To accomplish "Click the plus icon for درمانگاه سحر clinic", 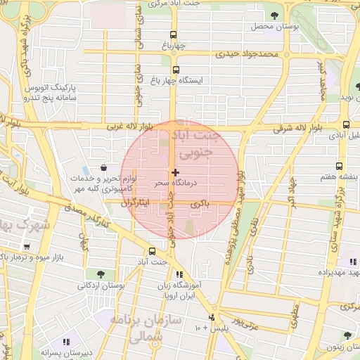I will [175, 172].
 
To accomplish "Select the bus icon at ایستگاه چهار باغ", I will [175, 70].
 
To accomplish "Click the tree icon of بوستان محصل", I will [273, 15].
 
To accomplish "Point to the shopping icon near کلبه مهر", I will [104, 168].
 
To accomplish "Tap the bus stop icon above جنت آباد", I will [152, 251].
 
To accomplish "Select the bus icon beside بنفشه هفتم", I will [340, 167].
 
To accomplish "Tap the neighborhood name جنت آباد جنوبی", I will [198, 143].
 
